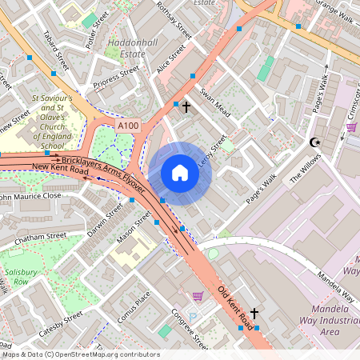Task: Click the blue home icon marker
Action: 180,174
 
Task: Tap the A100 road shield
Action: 127,126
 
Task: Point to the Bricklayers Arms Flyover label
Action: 102,172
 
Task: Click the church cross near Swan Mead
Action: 186,106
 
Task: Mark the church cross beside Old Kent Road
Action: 254,314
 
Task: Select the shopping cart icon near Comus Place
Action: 198,296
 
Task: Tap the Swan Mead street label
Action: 214,103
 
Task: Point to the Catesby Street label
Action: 60,322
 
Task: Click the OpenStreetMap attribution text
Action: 80,354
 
